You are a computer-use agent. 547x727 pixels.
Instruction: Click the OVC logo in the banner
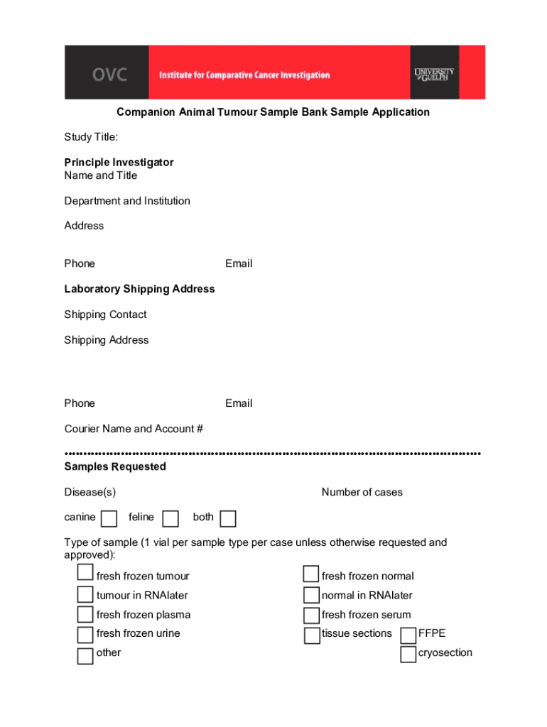108,74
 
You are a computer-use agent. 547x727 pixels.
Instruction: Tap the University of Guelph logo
433,74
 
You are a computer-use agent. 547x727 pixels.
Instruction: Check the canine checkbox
109,519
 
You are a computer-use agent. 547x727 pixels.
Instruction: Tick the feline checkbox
170,519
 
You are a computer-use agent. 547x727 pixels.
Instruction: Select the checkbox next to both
227,519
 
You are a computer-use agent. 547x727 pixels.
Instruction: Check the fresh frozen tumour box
85,573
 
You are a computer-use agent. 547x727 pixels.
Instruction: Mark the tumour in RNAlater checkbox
85,594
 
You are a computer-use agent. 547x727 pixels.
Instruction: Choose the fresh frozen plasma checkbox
85,614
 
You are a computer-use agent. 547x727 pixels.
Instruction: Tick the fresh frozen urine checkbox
85,634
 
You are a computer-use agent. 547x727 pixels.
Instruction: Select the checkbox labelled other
85,655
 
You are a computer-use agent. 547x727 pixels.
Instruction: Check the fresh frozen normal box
311,574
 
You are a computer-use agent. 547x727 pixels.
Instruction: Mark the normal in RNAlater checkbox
311,595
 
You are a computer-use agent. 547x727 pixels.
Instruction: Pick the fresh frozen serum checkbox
311,615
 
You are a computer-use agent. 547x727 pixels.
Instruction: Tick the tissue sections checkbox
312,635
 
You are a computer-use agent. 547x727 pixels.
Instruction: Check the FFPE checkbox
408,635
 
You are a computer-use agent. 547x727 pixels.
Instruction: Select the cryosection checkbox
408,655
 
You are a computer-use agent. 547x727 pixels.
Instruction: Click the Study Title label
91,136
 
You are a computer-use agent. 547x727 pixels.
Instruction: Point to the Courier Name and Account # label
134,429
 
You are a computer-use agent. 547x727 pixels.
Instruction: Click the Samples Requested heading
115,466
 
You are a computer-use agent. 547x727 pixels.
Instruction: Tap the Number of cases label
362,492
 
